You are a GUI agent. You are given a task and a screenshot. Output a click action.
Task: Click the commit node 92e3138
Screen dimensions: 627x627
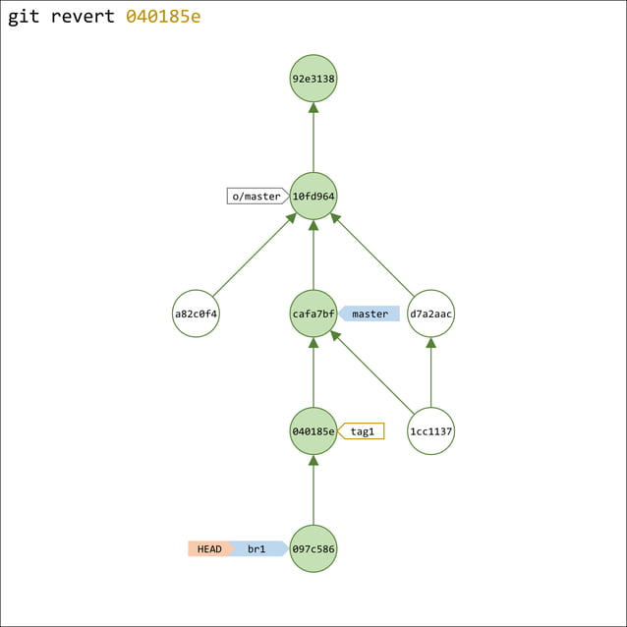tap(313, 78)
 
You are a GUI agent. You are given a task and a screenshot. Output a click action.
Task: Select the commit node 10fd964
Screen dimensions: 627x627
tap(313, 196)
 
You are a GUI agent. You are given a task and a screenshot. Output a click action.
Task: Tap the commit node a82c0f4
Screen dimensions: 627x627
tap(196, 313)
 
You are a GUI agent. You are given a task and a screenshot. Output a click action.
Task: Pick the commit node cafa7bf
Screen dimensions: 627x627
tap(313, 313)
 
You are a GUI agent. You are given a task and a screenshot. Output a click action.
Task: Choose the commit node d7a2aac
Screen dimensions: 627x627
tap(430, 313)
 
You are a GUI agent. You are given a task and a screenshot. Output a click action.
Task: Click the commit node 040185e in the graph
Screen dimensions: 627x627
tap(313, 431)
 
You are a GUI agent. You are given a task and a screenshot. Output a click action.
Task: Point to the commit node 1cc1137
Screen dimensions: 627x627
tap(430, 431)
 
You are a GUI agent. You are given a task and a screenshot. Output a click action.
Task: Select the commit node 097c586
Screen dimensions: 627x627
tap(313, 548)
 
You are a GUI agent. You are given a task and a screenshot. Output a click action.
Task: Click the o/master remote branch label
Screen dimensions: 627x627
tap(256, 196)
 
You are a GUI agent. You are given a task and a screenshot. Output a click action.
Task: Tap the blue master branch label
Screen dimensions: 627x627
tap(370, 313)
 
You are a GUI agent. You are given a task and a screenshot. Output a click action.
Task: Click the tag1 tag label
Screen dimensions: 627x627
tap(363, 431)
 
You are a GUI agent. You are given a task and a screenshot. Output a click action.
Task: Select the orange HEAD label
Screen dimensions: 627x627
tap(209, 548)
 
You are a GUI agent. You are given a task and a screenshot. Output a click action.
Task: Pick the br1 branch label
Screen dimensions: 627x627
tap(257, 548)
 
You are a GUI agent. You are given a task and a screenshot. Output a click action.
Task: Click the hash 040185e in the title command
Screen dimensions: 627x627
tap(163, 17)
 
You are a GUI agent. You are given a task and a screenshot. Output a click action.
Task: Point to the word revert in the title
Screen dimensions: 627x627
tap(83, 17)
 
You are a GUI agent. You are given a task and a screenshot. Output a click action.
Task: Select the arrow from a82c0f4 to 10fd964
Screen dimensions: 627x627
tap(254, 256)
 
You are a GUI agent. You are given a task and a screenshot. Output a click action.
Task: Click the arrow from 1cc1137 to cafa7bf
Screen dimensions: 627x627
tap(372, 372)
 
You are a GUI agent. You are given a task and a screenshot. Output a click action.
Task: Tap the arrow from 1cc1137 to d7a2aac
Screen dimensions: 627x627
tap(430, 372)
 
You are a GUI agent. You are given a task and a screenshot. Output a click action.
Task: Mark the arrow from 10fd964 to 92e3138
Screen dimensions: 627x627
tap(313, 137)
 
